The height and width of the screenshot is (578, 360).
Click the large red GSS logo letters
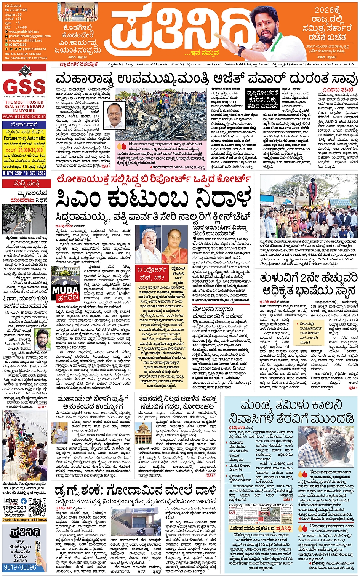[24, 86]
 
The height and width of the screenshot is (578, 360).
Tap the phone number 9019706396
[20, 567]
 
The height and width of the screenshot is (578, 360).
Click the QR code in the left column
[37, 507]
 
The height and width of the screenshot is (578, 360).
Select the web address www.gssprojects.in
[24, 116]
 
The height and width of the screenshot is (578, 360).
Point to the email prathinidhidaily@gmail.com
[29, 36]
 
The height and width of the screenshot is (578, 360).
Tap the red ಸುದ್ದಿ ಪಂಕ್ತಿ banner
[24, 184]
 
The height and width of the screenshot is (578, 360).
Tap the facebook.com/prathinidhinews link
[24, 519]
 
